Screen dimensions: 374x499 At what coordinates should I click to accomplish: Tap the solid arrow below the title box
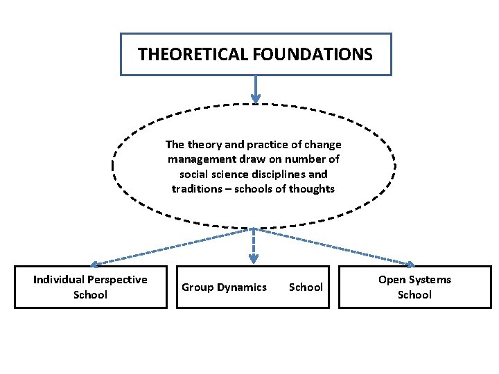256,89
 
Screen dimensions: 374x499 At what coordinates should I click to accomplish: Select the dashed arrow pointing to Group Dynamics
254,246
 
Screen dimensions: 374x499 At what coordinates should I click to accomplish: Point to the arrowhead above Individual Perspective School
94,264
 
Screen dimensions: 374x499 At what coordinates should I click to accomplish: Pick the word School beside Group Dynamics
306,287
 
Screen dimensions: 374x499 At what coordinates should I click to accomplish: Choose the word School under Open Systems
414,295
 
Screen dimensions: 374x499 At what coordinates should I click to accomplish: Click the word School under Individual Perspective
90,295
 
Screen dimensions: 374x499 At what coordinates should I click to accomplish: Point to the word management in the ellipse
201,159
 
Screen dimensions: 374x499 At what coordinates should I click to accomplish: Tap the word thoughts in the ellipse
312,189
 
